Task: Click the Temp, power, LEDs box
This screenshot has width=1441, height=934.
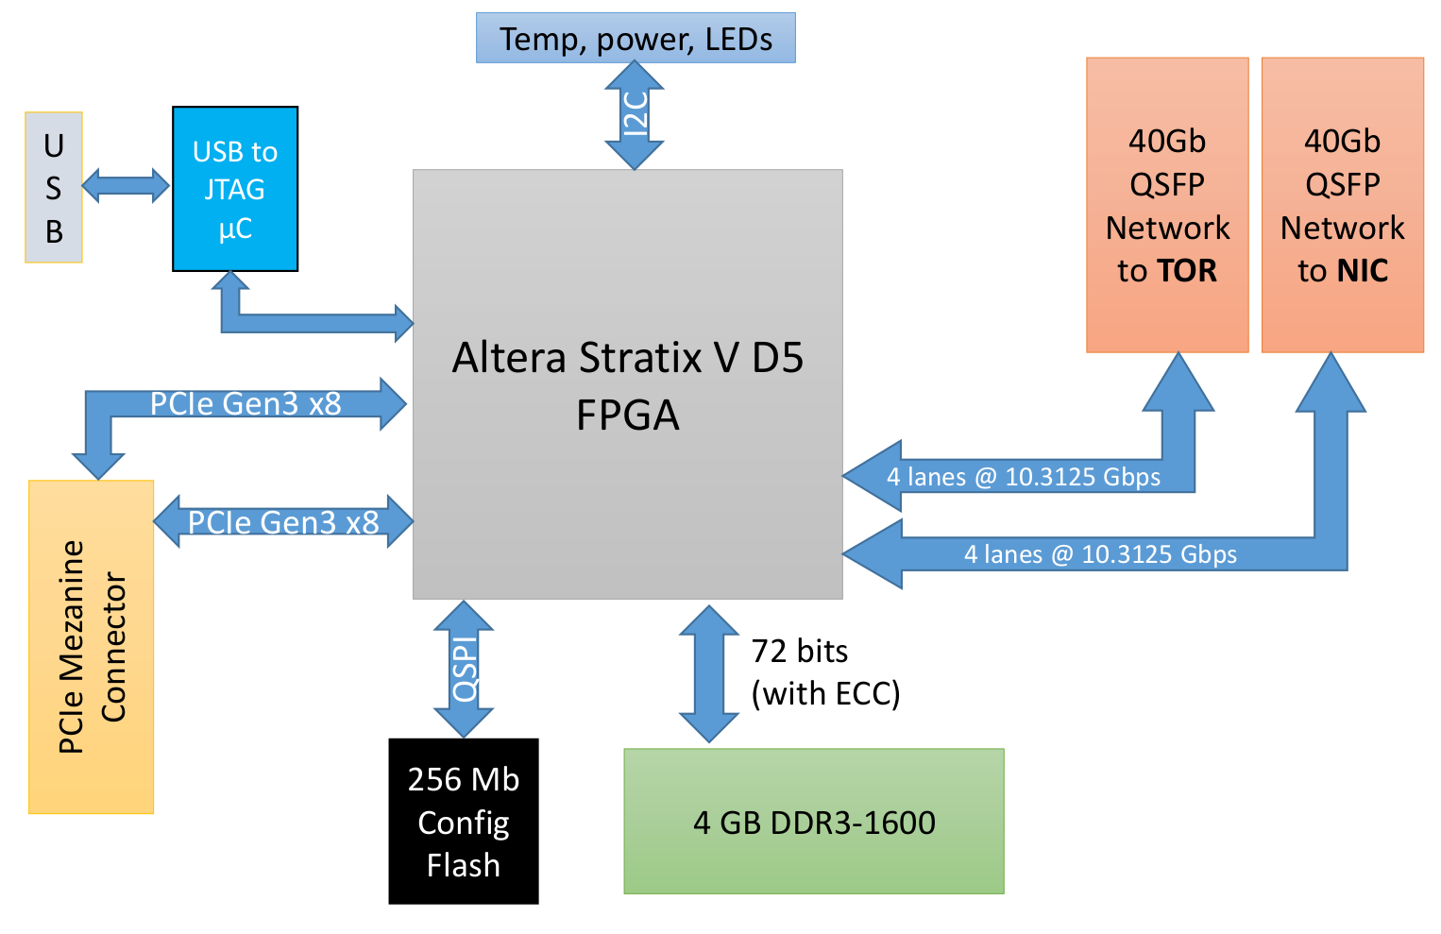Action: (636, 39)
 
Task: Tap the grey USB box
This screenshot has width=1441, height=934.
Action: (54, 188)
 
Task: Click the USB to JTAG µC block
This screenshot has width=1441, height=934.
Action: (235, 189)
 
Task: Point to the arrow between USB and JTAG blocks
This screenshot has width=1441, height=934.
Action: (126, 185)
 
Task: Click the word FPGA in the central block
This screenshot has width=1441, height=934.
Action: (627, 416)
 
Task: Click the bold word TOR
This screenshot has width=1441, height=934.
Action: (1187, 271)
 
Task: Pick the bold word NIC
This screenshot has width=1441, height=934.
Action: (1362, 271)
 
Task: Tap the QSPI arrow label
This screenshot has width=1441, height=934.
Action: (465, 669)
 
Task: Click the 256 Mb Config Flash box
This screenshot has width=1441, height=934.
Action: (464, 822)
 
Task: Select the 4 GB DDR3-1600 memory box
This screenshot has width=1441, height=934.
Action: (814, 822)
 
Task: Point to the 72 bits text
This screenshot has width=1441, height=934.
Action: (799, 651)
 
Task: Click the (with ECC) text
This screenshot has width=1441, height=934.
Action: (825, 693)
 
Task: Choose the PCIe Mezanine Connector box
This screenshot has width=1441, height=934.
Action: (92, 647)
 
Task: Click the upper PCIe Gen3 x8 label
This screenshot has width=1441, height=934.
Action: (246, 403)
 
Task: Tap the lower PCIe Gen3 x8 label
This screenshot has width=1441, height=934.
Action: (283, 522)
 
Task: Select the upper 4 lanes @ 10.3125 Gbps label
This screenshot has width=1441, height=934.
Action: (1023, 477)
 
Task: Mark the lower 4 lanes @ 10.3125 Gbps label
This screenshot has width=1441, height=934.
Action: (1100, 554)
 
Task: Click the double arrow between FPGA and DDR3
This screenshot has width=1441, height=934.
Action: (709, 673)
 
